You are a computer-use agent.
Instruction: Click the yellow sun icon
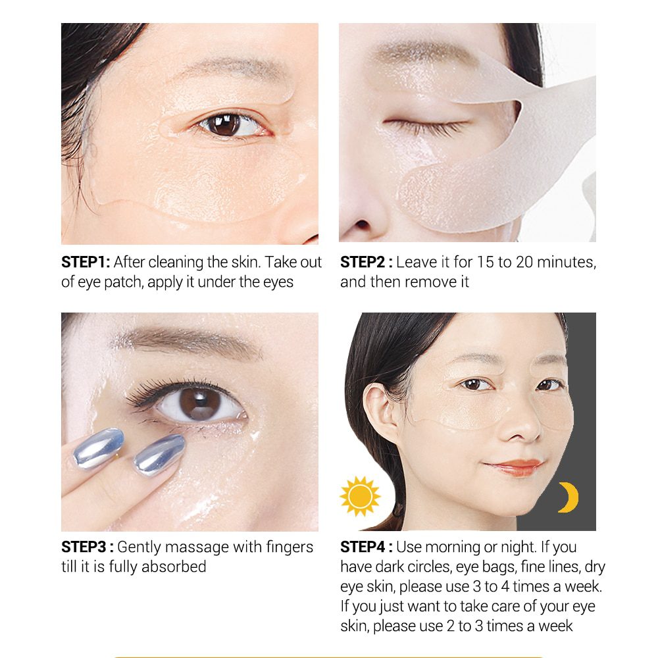coord(360,496)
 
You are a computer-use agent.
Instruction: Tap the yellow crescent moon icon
coord(570,497)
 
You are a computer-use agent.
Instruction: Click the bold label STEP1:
coord(86,262)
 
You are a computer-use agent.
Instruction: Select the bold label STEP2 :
coord(367,262)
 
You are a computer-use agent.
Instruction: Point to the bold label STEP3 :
coord(88,547)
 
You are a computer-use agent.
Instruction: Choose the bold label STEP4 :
coord(367,547)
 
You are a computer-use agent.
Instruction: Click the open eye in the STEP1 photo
coord(230,124)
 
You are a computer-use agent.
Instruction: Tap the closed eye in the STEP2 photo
coord(424,126)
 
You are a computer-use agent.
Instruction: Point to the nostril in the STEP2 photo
coord(362,226)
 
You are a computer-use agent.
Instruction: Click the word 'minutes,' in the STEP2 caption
coord(567,263)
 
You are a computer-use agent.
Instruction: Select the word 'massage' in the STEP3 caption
coord(197,548)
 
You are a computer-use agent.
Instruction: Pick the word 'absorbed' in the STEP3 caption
coord(174,567)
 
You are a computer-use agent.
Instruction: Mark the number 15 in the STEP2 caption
coord(485,263)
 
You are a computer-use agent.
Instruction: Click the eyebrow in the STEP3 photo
coord(189,340)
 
